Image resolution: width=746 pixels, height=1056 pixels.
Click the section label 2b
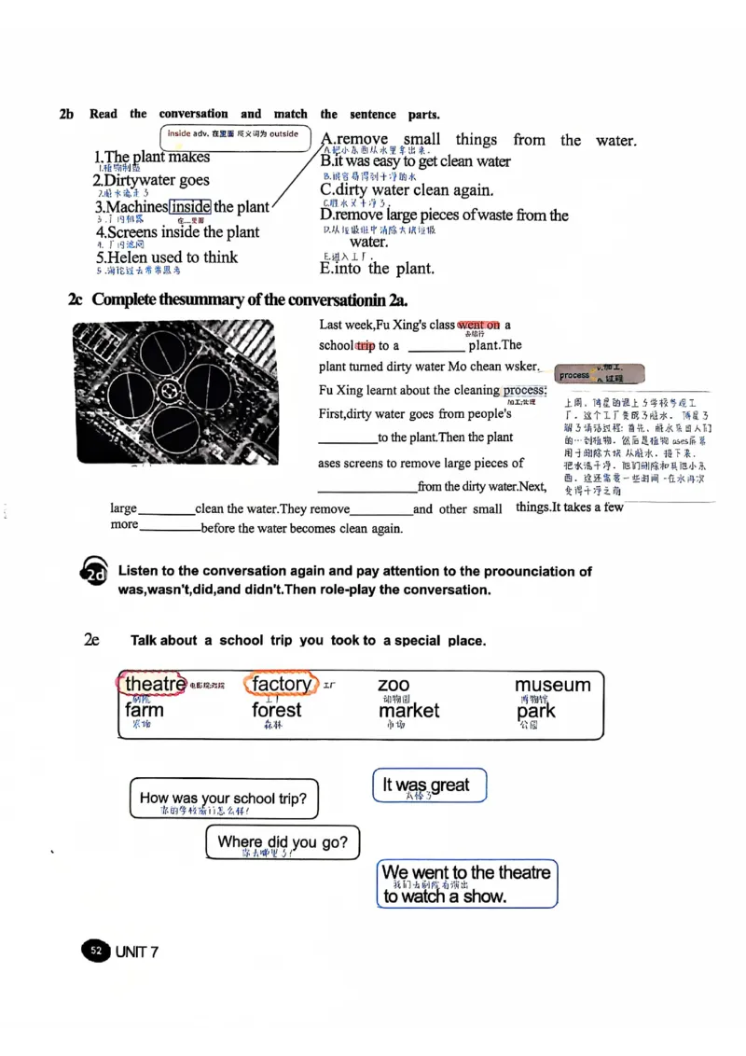tap(66, 115)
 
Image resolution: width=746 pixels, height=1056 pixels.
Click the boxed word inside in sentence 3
tap(190, 207)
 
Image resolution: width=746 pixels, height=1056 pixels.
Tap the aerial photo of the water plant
tap(173, 393)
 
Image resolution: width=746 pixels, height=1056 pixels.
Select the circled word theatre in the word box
tap(155, 684)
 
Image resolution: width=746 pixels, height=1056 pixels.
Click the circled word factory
tap(282, 684)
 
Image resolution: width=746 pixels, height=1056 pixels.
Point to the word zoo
tap(394, 686)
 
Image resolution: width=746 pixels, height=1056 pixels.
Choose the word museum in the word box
tap(552, 686)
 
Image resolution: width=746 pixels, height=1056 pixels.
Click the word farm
tap(145, 710)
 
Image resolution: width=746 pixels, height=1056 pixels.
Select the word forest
tap(277, 710)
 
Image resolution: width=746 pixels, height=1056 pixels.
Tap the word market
tap(408, 711)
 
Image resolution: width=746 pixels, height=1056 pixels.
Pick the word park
tap(536, 711)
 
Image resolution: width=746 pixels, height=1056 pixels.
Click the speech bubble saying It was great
tap(429, 785)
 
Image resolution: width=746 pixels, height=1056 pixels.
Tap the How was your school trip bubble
tap(223, 799)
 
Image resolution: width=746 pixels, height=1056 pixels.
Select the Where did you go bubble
tap(282, 842)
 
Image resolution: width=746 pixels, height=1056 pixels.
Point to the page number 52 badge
tap(96, 951)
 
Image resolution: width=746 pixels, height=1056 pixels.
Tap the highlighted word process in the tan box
tap(574, 375)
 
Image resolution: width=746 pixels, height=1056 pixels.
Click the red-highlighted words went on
tap(479, 326)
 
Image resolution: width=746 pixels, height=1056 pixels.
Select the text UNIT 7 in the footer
tap(137, 952)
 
